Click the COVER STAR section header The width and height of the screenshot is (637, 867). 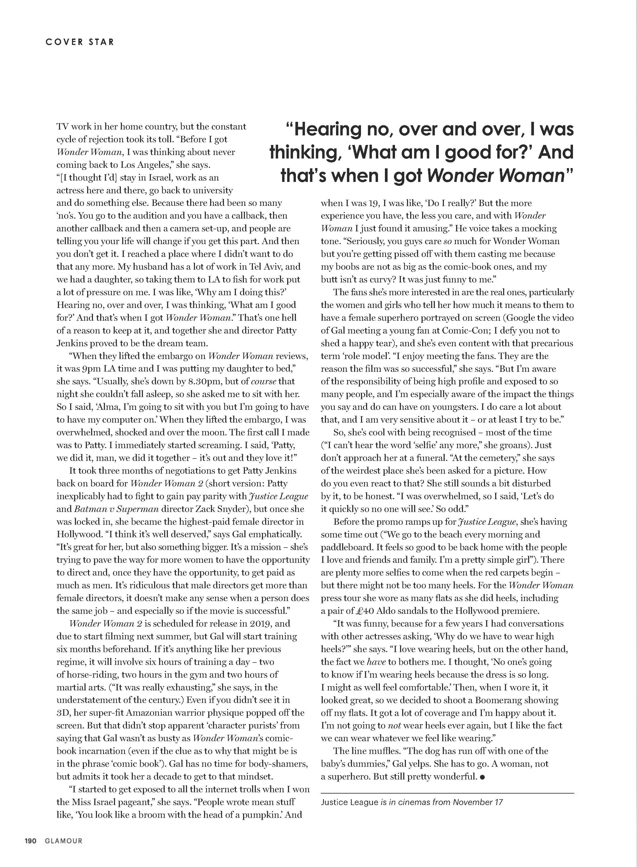tap(79, 42)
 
